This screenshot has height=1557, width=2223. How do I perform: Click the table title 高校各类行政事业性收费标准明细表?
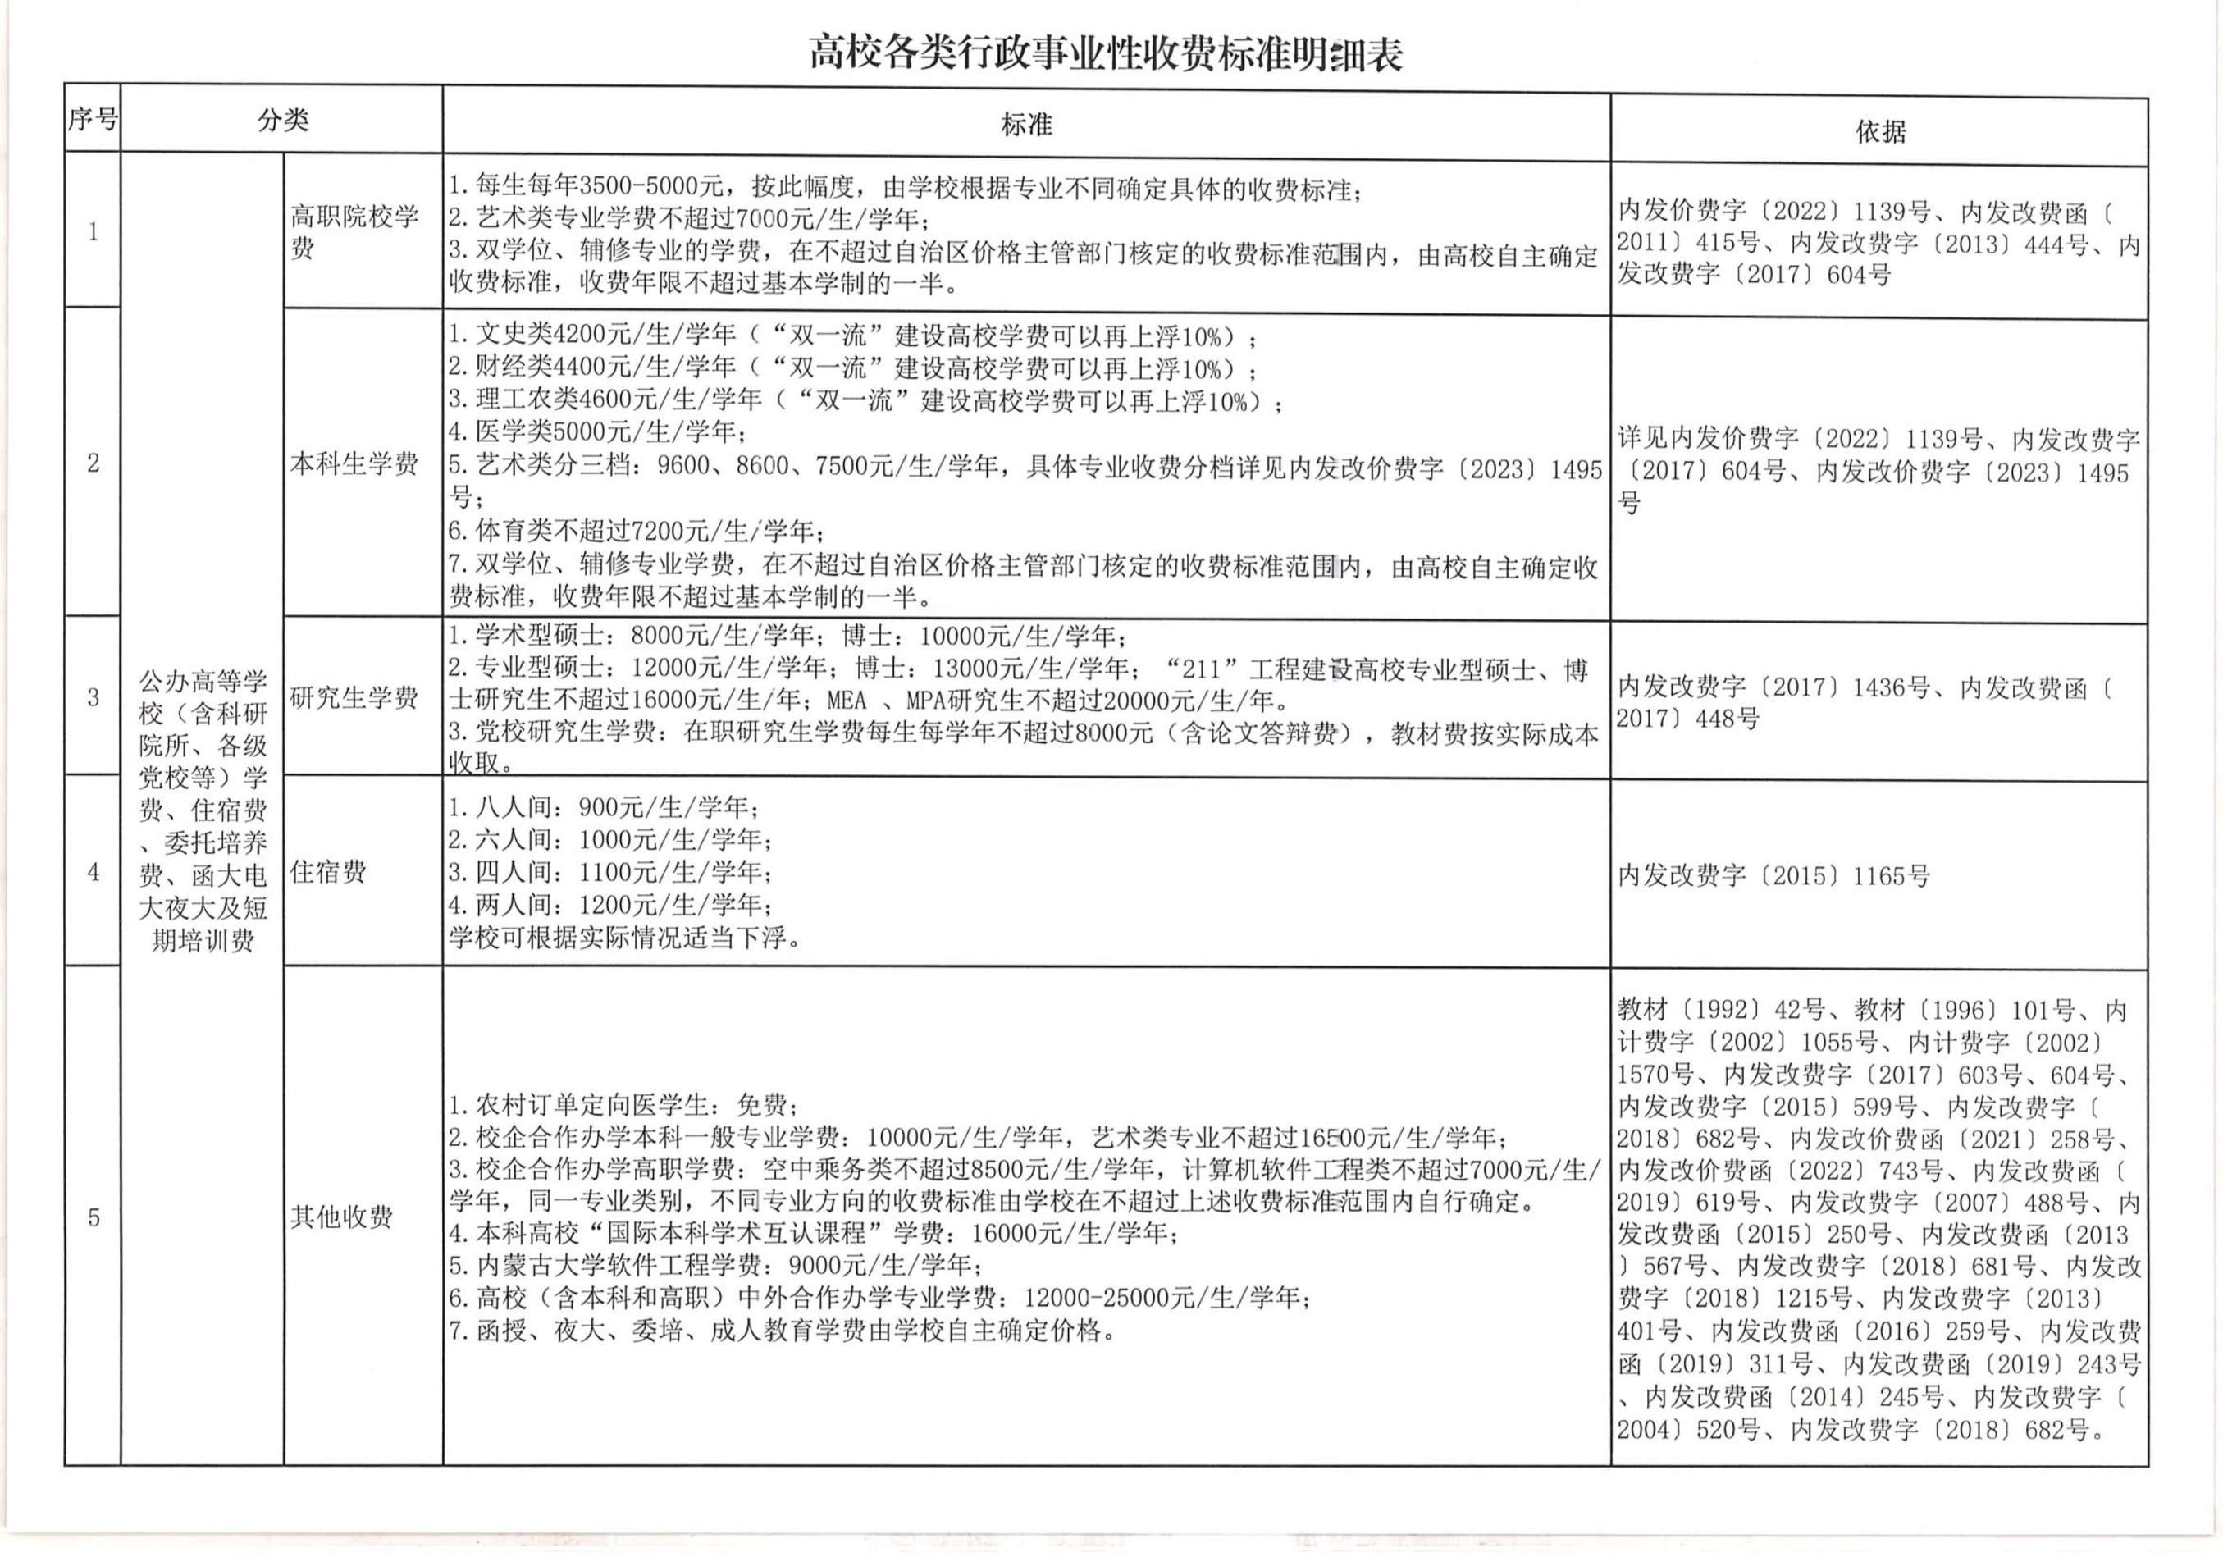(x=1106, y=54)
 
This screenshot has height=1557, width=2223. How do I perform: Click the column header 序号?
(x=93, y=120)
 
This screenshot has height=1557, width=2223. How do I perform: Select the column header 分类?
(x=283, y=120)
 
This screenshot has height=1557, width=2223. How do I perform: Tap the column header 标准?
(x=1026, y=125)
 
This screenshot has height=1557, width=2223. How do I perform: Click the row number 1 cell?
(x=93, y=232)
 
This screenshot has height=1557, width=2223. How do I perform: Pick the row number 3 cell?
(x=93, y=697)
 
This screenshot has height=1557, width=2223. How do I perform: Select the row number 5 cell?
(x=93, y=1217)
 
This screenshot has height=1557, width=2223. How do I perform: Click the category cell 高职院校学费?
(x=354, y=232)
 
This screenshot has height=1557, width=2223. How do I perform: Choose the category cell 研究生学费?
(x=354, y=698)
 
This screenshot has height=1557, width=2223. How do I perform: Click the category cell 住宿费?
(x=328, y=872)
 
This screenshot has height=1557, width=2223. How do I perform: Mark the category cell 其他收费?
(x=342, y=1217)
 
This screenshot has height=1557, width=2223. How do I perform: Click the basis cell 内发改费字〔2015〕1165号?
(x=1773, y=876)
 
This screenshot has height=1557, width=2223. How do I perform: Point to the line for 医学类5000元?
(x=597, y=431)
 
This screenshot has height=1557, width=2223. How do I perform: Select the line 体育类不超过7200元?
(x=637, y=531)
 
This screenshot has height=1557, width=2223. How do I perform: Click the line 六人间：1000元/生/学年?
(x=611, y=839)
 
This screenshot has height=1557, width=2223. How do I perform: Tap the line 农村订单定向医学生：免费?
(x=624, y=1105)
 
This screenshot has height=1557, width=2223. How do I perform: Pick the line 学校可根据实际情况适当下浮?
(x=625, y=938)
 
